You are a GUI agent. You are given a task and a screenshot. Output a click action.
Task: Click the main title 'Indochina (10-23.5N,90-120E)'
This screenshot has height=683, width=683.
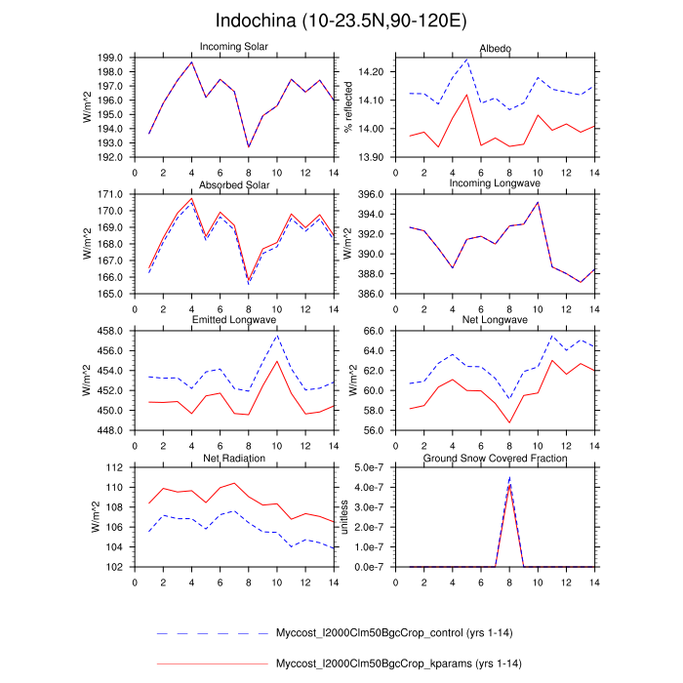point(341,20)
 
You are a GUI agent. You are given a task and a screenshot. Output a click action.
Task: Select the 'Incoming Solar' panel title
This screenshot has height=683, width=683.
point(235,47)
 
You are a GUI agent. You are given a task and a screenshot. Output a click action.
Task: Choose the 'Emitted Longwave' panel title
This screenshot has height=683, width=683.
point(235,321)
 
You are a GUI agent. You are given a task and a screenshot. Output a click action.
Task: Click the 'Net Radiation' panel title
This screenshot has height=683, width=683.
point(235,458)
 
